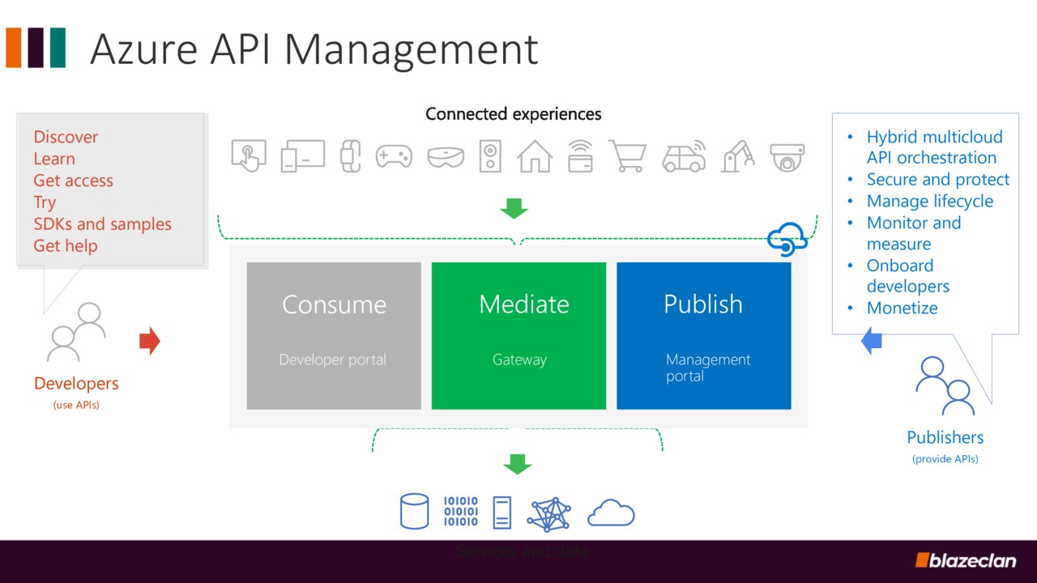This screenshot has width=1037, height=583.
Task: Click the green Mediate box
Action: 518,335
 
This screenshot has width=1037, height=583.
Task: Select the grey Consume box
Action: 334,335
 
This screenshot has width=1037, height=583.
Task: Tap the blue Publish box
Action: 703,335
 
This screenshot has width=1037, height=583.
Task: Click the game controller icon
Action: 394,155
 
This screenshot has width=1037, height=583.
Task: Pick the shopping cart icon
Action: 627,155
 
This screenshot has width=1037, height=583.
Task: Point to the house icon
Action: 535,156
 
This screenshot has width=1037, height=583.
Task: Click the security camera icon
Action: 787,156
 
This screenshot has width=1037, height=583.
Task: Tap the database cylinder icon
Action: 414,512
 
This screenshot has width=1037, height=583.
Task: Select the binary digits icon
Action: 461,512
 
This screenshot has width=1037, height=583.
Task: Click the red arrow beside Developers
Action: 150,341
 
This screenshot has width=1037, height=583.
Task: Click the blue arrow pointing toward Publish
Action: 871,340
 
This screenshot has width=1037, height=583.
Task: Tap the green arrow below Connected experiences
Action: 514,208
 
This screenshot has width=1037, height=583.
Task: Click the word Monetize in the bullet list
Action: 902,308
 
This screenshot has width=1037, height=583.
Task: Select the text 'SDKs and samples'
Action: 102,224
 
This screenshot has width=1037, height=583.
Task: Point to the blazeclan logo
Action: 966,560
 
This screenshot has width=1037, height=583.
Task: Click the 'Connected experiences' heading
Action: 514,114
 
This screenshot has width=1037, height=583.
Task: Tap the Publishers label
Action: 945,437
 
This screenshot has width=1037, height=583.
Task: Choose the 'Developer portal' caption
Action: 332,360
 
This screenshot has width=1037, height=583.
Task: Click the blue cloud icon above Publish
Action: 787,239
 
